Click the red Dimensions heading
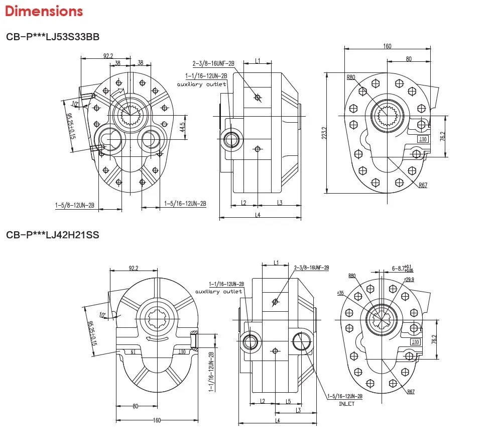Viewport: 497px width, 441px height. click(44, 11)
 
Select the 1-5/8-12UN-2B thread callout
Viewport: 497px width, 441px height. click(76, 205)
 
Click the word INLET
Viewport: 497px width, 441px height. click(346, 403)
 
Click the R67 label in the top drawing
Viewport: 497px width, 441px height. click(423, 186)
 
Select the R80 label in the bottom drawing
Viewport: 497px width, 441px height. click(351, 276)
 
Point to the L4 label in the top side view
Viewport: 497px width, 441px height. click(258, 215)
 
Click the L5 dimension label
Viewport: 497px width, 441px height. click(288, 401)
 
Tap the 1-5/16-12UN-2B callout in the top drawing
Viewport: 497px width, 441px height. click(185, 203)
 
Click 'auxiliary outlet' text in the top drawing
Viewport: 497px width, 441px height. click(201, 84)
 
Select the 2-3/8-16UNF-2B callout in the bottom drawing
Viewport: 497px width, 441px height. click(311, 268)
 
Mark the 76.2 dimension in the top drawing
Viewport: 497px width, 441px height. click(443, 136)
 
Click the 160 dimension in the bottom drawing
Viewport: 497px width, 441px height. click(157, 420)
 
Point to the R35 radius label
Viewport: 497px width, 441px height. click(340, 293)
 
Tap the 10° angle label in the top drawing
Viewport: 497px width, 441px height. click(75, 104)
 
